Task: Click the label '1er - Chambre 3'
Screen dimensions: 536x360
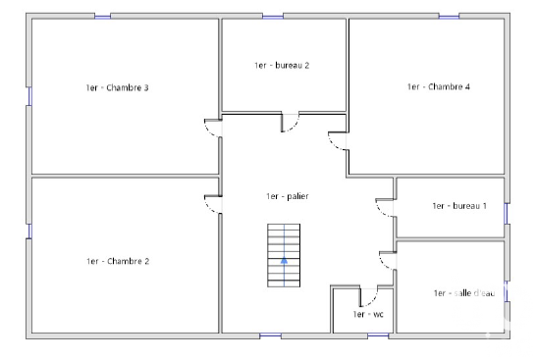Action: coord(117,87)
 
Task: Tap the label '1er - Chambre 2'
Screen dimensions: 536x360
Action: coord(118,261)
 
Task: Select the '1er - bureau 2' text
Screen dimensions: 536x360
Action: coord(282,66)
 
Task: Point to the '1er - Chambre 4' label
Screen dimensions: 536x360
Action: coord(439,86)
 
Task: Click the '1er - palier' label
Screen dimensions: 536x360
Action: coord(288,196)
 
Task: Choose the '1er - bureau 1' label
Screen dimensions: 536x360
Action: coord(459,206)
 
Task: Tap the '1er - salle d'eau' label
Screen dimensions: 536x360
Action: coord(464,293)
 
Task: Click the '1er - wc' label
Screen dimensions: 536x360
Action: coord(368,314)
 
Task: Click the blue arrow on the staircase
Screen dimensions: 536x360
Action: coord(284,261)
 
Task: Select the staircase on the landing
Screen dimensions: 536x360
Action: coord(284,255)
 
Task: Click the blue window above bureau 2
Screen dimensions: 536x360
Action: coord(273,16)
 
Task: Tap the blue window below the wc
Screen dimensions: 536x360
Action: coord(378,336)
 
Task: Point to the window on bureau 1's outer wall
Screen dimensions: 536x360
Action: coord(507,214)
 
